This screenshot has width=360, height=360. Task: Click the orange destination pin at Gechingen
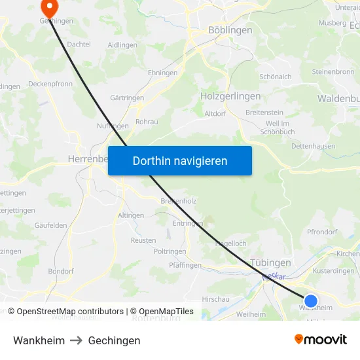[49, 7]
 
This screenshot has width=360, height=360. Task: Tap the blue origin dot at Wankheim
[311, 302]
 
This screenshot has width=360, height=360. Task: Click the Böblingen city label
[229, 30]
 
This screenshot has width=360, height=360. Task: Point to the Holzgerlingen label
[230, 96]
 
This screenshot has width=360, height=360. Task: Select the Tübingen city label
[270, 262]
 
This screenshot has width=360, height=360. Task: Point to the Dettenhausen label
[313, 147]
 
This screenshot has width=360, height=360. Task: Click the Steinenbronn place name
[333, 71]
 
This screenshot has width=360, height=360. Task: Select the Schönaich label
[276, 77]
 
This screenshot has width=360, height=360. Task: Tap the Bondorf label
[60, 271]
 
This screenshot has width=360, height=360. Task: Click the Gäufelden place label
[50, 225]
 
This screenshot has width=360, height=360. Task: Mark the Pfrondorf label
[321, 232]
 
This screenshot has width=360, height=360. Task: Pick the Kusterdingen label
[333, 270]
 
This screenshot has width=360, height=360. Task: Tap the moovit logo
[321, 339]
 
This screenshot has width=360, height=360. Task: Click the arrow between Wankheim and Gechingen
[77, 340]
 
